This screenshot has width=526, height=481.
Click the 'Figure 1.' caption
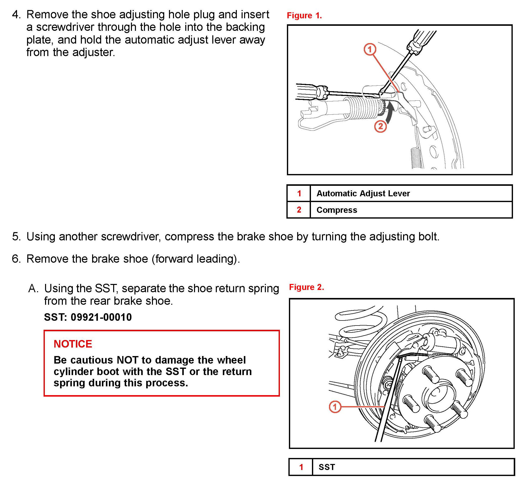point(304,16)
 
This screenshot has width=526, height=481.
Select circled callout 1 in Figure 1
point(370,49)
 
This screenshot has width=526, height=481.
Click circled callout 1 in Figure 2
point(335,407)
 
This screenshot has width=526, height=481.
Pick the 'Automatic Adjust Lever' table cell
point(363,193)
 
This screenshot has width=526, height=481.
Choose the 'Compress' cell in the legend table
point(336,210)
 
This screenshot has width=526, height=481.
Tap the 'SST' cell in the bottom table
point(327,467)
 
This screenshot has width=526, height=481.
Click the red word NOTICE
point(73,344)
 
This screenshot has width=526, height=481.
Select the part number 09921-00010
point(101,317)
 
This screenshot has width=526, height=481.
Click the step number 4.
point(16,15)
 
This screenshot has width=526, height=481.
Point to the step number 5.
point(16,237)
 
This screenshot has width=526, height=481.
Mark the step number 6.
point(16,259)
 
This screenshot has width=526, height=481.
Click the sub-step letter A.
point(33,289)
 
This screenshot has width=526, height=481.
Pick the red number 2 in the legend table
point(299,210)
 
